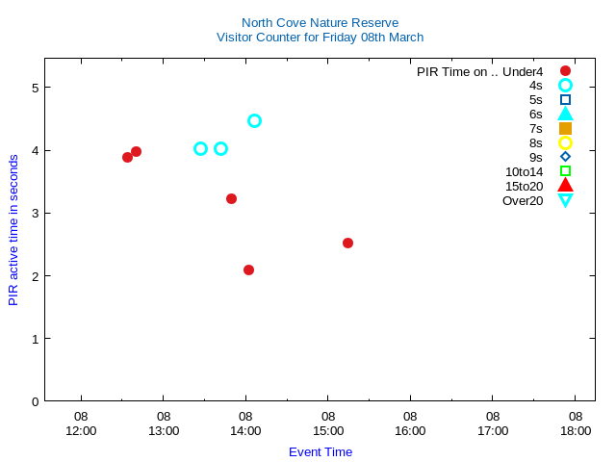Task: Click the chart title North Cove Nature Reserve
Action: [320, 22]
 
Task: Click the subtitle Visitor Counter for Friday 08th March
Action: [320, 38]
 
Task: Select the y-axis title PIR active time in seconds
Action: [13, 229]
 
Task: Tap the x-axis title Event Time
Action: [321, 451]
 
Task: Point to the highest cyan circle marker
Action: [254, 120]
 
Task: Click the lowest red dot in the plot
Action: [248, 269]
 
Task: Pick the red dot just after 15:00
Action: [347, 243]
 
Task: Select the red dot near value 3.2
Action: [231, 198]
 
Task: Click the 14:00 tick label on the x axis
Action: [245, 424]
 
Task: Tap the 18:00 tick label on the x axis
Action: [576, 424]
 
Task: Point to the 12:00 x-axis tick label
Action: [81, 424]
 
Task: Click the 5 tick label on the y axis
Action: [35, 88]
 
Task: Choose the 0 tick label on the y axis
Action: [35, 401]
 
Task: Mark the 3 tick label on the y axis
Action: [35, 214]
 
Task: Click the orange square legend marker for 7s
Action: [565, 128]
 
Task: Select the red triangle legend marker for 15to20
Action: [565, 186]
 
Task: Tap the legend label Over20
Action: [523, 200]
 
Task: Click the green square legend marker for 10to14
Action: [565, 171]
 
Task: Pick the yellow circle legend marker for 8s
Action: [565, 142]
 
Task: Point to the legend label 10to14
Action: [524, 171]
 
